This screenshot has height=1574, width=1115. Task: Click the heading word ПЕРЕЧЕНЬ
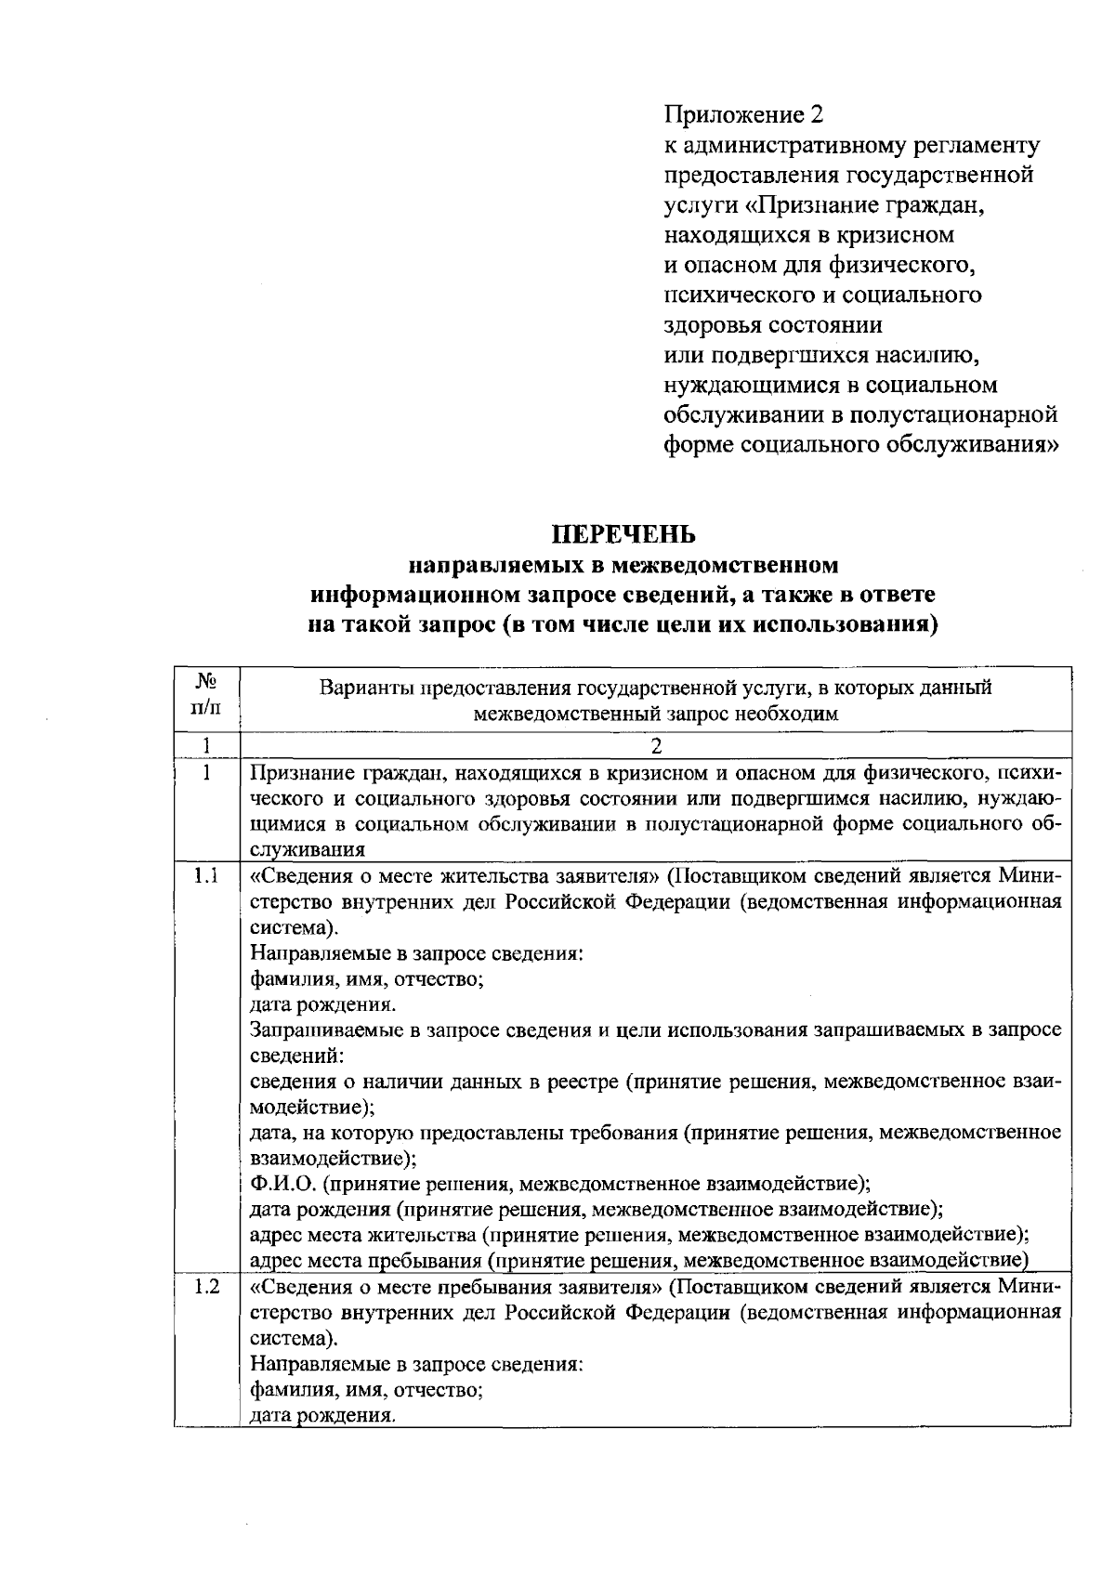tap(623, 534)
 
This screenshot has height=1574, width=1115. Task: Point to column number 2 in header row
tap(656, 745)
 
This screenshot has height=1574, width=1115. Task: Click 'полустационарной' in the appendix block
tap(966, 414)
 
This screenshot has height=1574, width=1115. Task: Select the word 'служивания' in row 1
tap(308, 849)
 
